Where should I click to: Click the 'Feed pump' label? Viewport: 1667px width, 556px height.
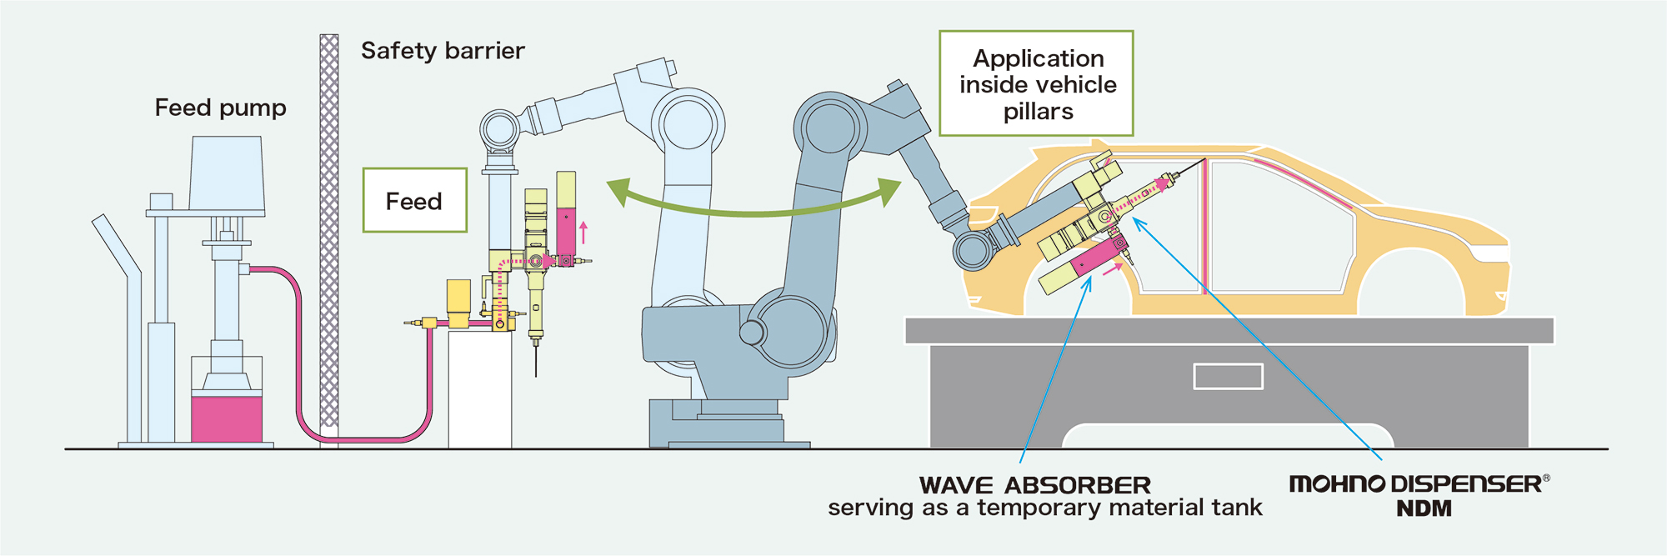pyautogui.click(x=220, y=108)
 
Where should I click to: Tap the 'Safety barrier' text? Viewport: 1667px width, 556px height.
pyautogui.click(x=443, y=51)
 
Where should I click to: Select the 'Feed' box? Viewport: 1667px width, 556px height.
pyautogui.click(x=414, y=201)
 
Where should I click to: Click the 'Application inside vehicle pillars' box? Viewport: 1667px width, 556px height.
pyautogui.click(x=1037, y=84)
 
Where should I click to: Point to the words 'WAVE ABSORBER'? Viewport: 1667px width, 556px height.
pyautogui.click(x=1034, y=485)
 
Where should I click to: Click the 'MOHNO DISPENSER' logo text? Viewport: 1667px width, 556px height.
pyautogui.click(x=1414, y=484)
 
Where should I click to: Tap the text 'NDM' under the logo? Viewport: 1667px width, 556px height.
pyautogui.click(x=1424, y=508)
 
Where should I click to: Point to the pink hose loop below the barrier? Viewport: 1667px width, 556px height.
pyautogui.click(x=367, y=438)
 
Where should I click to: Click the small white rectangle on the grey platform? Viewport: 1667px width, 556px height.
pyautogui.click(x=1228, y=377)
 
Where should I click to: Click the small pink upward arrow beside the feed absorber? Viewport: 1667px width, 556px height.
pyautogui.click(x=583, y=232)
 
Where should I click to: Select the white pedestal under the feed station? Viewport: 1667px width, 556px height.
pyautogui.click(x=479, y=388)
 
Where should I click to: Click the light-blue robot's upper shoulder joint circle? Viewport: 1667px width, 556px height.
pyautogui.click(x=687, y=123)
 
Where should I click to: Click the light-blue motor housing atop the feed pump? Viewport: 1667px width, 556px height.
pyautogui.click(x=227, y=173)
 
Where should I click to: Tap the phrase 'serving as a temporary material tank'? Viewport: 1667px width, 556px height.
pyautogui.click(x=1044, y=508)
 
